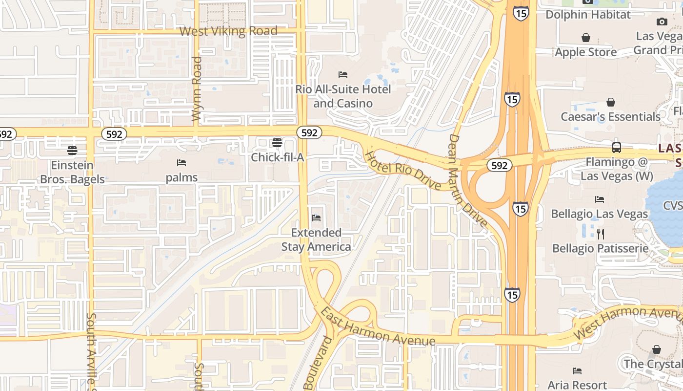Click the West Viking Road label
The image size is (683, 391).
click(228, 31)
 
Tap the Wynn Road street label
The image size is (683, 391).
click(197, 89)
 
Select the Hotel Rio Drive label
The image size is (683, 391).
click(403, 171)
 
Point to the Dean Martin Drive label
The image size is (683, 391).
click(468, 181)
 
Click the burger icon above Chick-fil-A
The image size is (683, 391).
click(277, 143)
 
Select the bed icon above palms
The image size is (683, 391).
click(181, 163)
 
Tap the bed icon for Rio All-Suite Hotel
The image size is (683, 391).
click(343, 75)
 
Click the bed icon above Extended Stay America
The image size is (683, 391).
click(316, 217)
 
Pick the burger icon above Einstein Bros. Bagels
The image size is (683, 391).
click(72, 150)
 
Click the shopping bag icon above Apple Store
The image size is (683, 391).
click(586, 38)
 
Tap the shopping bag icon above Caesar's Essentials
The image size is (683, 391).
click(610, 102)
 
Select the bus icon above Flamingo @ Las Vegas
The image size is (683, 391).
click(617, 147)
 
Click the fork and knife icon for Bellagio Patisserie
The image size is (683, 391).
click(600, 234)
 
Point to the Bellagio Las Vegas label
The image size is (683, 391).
click(600, 214)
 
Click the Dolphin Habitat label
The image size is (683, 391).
click(588, 14)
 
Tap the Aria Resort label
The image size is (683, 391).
click(577, 385)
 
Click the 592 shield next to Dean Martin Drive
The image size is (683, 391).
click(499, 166)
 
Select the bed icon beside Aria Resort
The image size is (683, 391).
click(577, 371)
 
